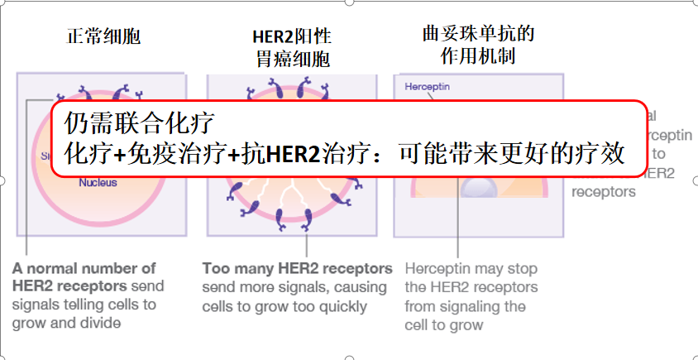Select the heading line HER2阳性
point(291,37)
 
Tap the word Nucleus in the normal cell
point(98,183)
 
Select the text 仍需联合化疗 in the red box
point(140,125)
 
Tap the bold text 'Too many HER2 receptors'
point(297,268)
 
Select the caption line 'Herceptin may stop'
point(471,268)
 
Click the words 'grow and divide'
point(66,323)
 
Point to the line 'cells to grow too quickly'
point(284,306)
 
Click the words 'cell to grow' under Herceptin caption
point(443,324)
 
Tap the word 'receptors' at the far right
point(604,192)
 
